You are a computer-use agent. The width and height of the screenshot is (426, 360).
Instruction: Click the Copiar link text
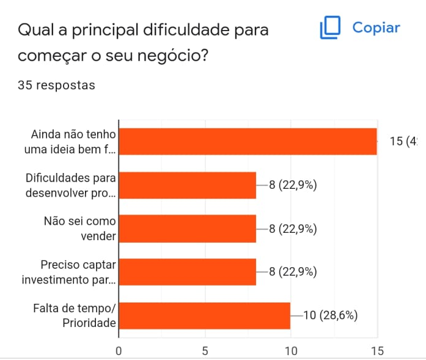pyautogui.click(x=376, y=28)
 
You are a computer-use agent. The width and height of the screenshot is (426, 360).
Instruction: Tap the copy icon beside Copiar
pyautogui.click(x=330, y=28)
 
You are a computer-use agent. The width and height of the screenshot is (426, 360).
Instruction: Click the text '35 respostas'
pyautogui.click(x=57, y=85)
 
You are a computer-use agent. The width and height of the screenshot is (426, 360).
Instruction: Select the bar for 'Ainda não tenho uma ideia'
pyautogui.click(x=247, y=141)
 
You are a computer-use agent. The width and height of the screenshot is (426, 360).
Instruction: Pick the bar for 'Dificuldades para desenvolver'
pyautogui.click(x=187, y=185)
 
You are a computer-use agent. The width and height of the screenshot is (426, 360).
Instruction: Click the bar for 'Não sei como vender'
pyautogui.click(x=187, y=229)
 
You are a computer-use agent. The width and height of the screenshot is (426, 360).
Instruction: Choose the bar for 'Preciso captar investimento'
pyautogui.click(x=187, y=272)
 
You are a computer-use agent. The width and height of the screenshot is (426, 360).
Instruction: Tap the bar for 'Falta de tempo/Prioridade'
pyautogui.click(x=204, y=315)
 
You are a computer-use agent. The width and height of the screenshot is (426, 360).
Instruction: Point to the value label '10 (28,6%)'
pyautogui.click(x=330, y=315)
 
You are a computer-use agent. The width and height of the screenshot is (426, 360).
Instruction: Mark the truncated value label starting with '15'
pyautogui.click(x=403, y=141)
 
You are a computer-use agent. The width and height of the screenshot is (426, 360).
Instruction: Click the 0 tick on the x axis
pyautogui.click(x=119, y=351)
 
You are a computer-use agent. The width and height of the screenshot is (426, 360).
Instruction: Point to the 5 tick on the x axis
pyautogui.click(x=205, y=351)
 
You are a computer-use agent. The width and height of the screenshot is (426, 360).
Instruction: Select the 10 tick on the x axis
pyautogui.click(x=290, y=351)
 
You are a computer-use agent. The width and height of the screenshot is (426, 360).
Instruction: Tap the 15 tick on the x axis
pyautogui.click(x=377, y=351)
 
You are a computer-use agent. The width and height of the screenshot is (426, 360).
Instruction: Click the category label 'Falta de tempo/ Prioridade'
pyautogui.click(x=74, y=315)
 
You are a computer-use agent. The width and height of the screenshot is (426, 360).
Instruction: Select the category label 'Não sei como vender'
pyautogui.click(x=80, y=229)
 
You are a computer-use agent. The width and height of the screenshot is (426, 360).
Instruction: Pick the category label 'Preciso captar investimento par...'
pyautogui.click(x=68, y=272)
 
